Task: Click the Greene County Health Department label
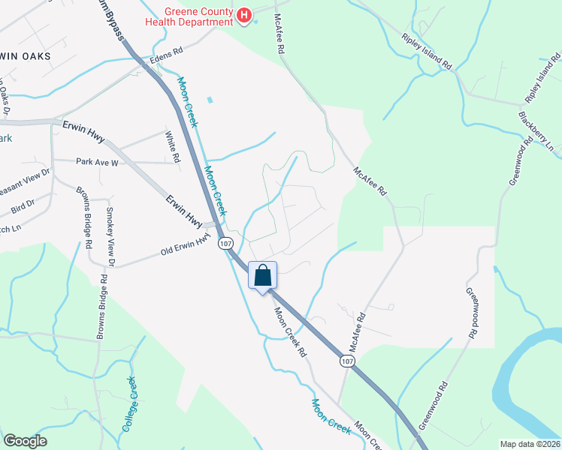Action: coord(198,16)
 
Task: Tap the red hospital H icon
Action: coord(243,16)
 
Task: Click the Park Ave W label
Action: coord(97,161)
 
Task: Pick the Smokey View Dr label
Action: coord(110,237)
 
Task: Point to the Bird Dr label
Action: coord(23,204)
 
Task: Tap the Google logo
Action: coord(25,441)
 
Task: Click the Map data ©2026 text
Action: coord(530,443)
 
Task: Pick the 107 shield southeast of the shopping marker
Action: coord(346,361)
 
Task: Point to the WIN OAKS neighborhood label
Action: coord(26,56)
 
